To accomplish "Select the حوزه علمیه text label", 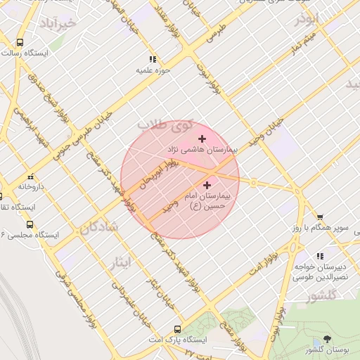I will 153,71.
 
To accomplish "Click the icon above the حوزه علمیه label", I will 153,59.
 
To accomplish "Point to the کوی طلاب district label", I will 164,125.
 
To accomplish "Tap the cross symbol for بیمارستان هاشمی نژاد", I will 203,138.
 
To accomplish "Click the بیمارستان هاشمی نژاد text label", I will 202,150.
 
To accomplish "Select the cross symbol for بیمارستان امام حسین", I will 207,185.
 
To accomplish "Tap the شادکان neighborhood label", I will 98,228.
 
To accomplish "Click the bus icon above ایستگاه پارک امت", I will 177,328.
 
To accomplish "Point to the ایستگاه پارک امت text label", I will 177,340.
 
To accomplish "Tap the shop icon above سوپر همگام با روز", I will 320,217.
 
